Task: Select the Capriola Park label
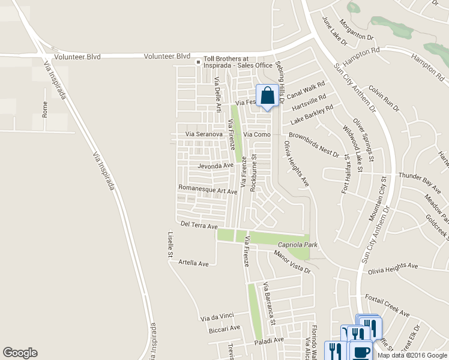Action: [x=297, y=245]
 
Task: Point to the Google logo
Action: [x=20, y=353]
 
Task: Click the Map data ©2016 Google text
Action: [x=412, y=355]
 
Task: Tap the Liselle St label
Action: [x=170, y=248]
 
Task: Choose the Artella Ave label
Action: [x=193, y=263]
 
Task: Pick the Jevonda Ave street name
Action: [x=215, y=165]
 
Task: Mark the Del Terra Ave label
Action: [x=199, y=226]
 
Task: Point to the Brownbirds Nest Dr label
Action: [x=314, y=143]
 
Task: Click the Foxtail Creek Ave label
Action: [x=387, y=305]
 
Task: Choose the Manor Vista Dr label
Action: [x=293, y=262]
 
